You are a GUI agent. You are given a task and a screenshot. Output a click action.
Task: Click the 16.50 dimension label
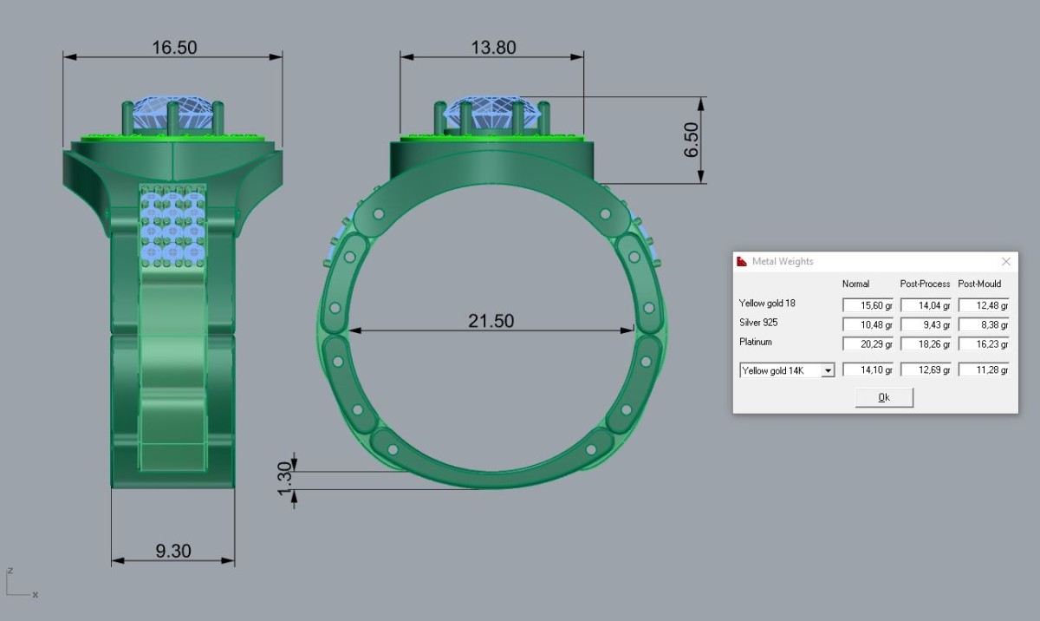tap(174, 48)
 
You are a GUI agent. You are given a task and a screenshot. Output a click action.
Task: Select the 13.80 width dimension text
tap(493, 48)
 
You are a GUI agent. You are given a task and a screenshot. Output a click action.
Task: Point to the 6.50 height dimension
tap(691, 140)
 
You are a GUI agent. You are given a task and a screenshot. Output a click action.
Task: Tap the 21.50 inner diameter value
tap(491, 321)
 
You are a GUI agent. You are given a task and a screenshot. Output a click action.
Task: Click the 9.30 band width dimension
tap(173, 551)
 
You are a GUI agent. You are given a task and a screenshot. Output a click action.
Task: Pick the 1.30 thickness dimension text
tap(284, 479)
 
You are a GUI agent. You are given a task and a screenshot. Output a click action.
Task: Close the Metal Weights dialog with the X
tap(1006, 262)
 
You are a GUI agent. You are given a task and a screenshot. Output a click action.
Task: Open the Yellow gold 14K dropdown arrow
tap(828, 370)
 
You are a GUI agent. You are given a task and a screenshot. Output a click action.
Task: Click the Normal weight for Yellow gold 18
tap(868, 305)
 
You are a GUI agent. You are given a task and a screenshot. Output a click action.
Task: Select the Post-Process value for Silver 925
tap(926, 324)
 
